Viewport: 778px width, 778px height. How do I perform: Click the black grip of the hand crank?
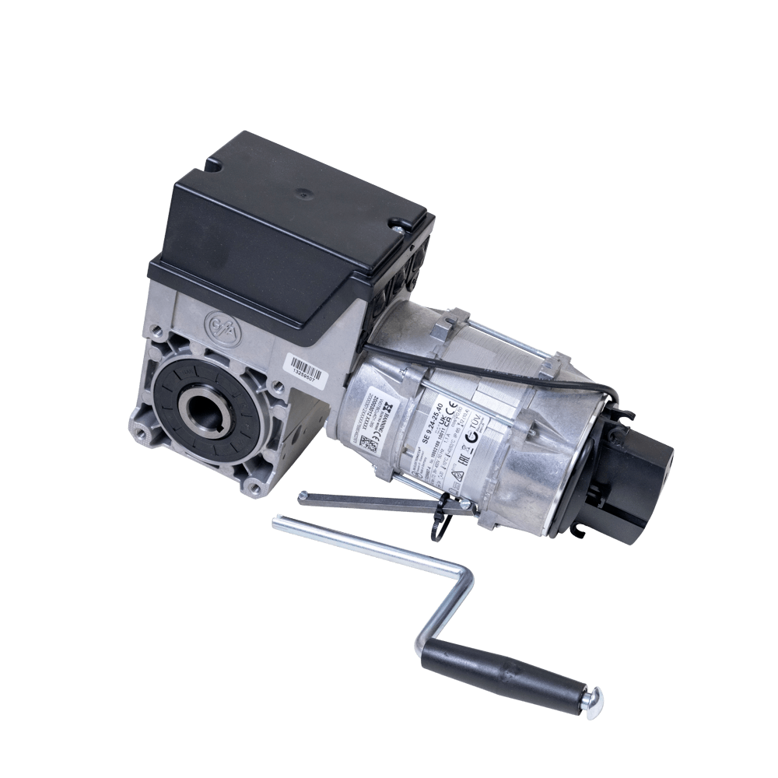pyautogui.click(x=502, y=676)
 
